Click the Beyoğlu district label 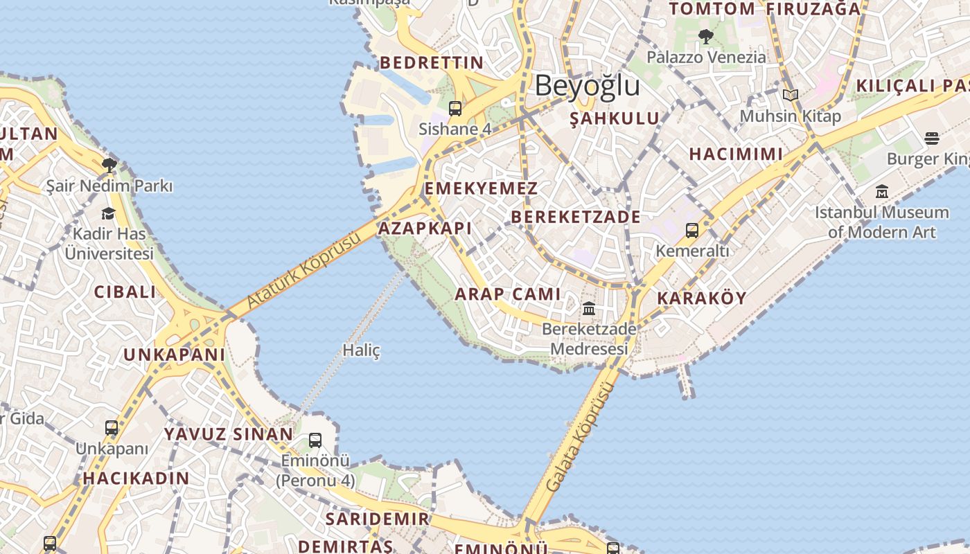[587, 86]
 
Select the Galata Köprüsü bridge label [581, 437]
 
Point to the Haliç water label [362, 350]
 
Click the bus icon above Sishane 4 [455, 109]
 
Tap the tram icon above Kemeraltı [691, 231]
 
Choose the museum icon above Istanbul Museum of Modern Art [882, 192]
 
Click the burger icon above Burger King [932, 138]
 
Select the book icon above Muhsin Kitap [791, 96]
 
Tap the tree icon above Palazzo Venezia [706, 36]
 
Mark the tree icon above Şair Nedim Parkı [109, 165]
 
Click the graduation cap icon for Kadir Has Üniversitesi [108, 213]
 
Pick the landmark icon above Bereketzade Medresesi [589, 308]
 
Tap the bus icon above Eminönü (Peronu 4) [315, 440]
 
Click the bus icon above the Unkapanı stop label [112, 428]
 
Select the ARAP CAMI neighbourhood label [508, 294]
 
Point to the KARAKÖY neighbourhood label [701, 298]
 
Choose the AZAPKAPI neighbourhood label [425, 229]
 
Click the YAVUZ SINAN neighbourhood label [228, 434]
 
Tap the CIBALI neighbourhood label [125, 292]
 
